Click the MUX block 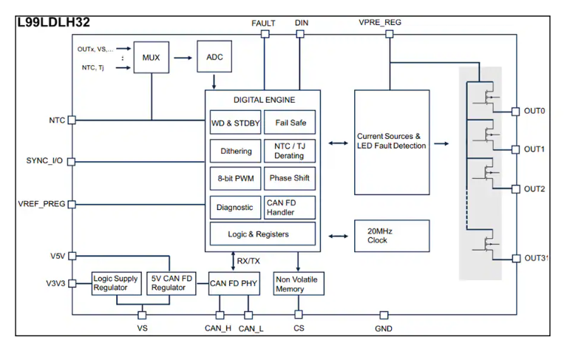click(x=152, y=57)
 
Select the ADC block click(x=214, y=57)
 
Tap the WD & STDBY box click(x=235, y=123)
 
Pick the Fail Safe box click(x=290, y=123)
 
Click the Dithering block click(x=235, y=151)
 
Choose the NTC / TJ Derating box click(x=290, y=151)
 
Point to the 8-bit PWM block click(x=235, y=179)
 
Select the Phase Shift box click(x=290, y=179)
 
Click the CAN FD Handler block click(x=290, y=208)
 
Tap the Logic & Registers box click(x=262, y=234)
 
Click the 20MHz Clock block click(x=392, y=235)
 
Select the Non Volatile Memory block click(x=299, y=284)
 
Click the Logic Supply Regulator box click(x=116, y=283)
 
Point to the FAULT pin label click(x=264, y=22)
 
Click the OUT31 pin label click(x=535, y=257)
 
